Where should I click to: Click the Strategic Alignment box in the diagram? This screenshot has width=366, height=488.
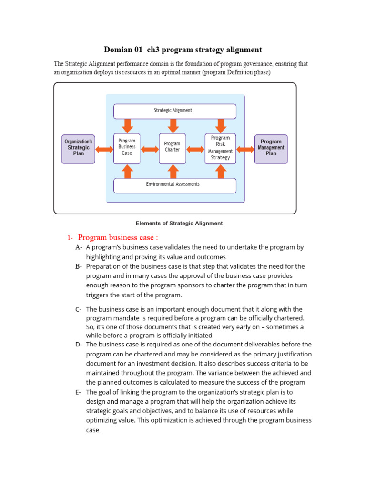coord(174,111)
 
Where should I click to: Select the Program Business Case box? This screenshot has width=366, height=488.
coord(127,147)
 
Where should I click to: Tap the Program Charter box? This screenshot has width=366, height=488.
coord(172,147)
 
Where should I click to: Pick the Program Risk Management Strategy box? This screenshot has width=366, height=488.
coord(220,147)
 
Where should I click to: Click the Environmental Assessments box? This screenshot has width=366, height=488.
coord(174,184)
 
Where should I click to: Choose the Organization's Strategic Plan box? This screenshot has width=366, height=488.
coord(78,148)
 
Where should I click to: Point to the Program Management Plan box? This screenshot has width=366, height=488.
coord(271,148)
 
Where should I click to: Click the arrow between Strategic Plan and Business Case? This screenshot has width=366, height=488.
coord(104,149)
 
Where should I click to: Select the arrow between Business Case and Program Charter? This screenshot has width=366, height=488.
coord(150,149)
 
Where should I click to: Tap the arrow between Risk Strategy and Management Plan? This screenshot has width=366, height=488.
coord(245,149)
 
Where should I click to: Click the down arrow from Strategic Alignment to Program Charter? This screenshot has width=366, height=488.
coord(173,126)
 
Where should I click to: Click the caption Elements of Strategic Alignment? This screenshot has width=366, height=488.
coord(179,223)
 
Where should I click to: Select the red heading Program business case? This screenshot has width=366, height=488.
coord(118,237)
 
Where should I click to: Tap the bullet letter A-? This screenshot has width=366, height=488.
coord(79,247)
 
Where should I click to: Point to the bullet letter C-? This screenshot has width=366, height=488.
coord(79,309)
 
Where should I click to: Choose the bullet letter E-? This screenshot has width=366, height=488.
coord(79,392)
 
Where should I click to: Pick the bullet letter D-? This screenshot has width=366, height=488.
coord(79,344)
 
